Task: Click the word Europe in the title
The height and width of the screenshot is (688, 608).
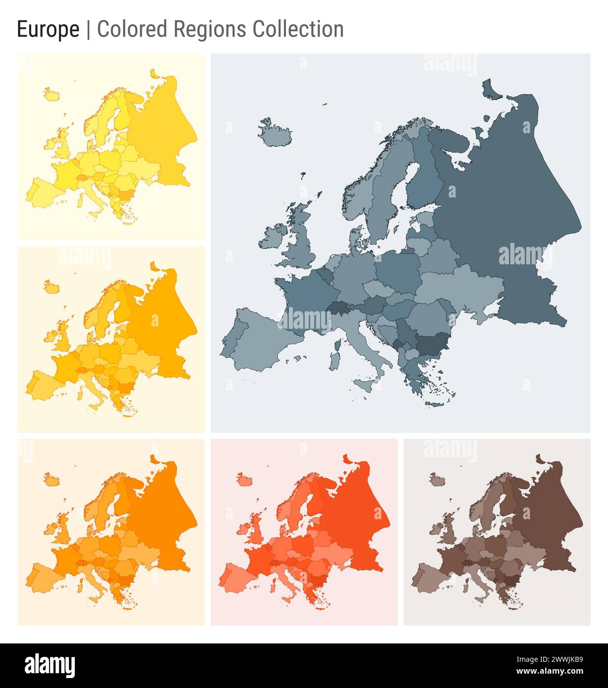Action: click(48, 30)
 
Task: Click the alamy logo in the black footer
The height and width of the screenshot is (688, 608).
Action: click(50, 665)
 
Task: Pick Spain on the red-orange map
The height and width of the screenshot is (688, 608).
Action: click(243, 577)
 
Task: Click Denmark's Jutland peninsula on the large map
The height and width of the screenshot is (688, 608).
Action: click(355, 238)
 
